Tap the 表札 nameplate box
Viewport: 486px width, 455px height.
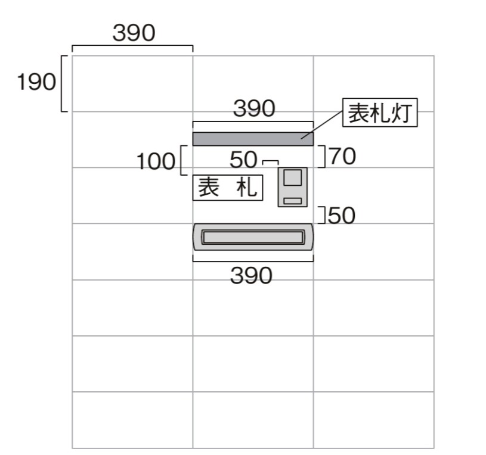(x=227, y=188)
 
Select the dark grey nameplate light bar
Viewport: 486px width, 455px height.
(x=252, y=139)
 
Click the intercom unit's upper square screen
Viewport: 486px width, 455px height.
(x=292, y=178)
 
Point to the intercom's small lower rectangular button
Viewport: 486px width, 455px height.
(x=292, y=201)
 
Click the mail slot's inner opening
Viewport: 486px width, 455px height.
(x=252, y=238)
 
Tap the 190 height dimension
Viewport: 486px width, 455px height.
(x=36, y=83)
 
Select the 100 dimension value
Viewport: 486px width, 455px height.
(x=156, y=161)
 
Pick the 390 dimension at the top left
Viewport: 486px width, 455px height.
(x=134, y=33)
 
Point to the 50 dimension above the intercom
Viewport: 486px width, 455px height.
(x=243, y=160)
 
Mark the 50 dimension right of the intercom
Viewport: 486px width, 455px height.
(x=341, y=216)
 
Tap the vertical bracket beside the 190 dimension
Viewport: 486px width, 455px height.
(x=63, y=83)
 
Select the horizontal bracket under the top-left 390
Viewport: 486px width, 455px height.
(x=132, y=46)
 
